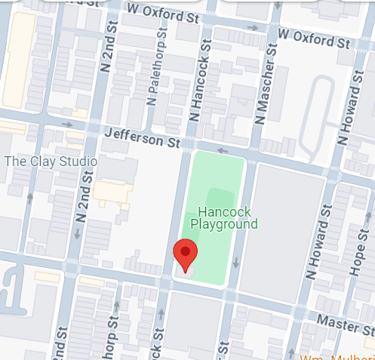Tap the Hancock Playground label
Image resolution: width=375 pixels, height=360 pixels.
coord(224,218)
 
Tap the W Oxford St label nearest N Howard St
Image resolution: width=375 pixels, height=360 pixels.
coord(313,35)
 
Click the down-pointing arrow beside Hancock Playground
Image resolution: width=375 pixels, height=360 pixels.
coord(236,263)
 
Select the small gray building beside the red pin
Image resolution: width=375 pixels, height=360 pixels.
coord(189,270)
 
